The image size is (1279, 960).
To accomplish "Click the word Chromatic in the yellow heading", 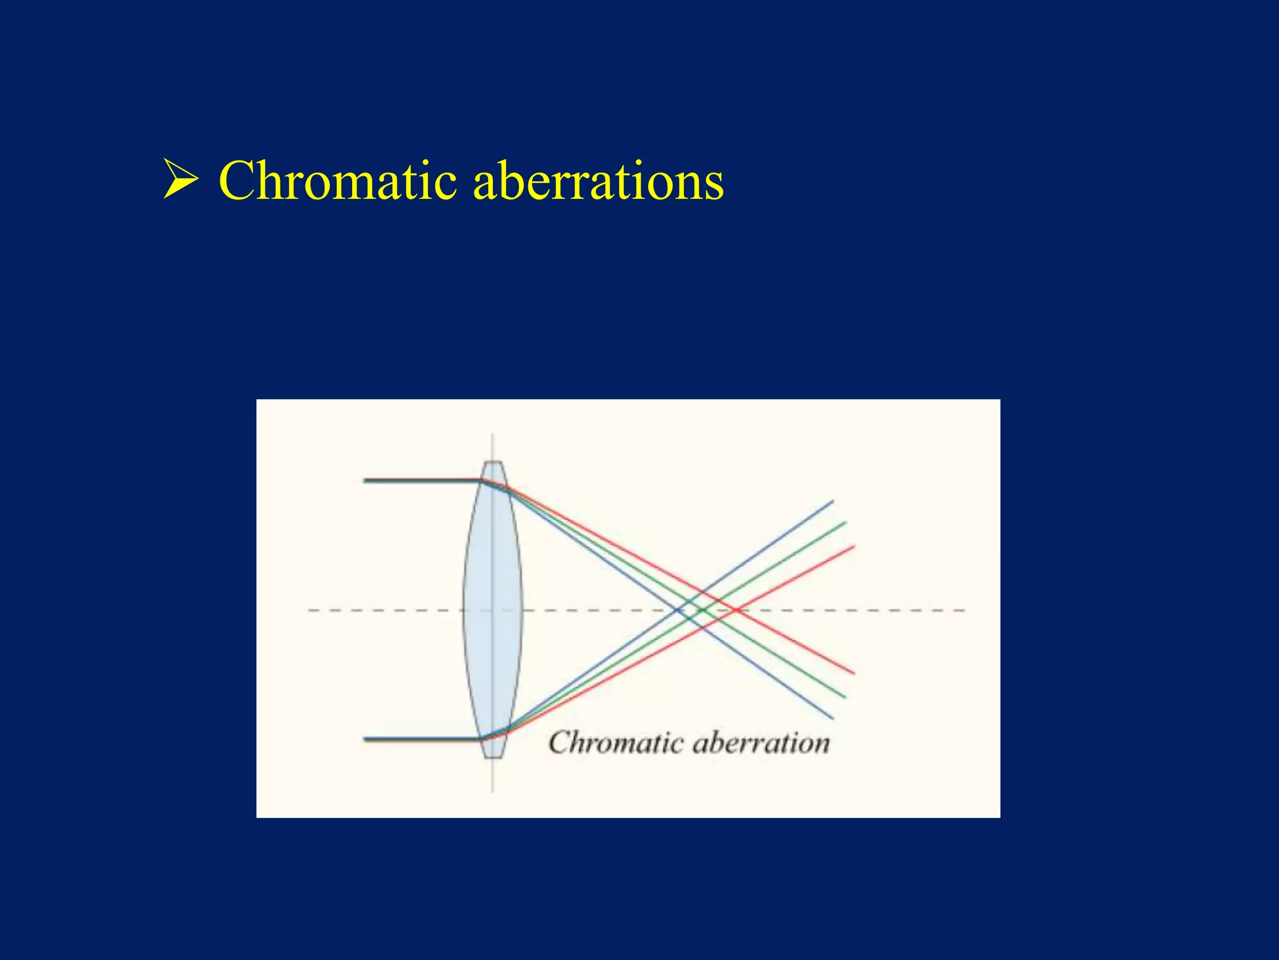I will click(337, 181).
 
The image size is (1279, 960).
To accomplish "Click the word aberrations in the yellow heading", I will click(598, 181).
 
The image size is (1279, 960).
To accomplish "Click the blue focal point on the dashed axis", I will click(679, 610).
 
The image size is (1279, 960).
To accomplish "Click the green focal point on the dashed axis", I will click(702, 610).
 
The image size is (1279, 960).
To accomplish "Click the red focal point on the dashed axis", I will click(737, 610).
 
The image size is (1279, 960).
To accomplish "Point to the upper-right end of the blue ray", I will click(832, 501).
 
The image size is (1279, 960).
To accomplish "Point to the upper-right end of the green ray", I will click(845, 522).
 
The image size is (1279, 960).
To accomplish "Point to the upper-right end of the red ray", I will click(854, 547).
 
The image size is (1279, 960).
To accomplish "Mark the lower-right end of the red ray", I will click(854, 674).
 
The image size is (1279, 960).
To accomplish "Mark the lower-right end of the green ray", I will click(845, 697).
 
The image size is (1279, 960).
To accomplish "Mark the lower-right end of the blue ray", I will click(832, 718).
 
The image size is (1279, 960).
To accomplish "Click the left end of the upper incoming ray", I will click(365, 481).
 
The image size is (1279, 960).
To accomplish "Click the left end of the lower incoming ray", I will click(365, 739).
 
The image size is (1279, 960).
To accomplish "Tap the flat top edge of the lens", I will click(493, 462).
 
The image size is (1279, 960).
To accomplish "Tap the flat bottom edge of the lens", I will click(493, 757).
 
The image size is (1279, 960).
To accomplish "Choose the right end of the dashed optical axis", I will click(964, 610).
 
